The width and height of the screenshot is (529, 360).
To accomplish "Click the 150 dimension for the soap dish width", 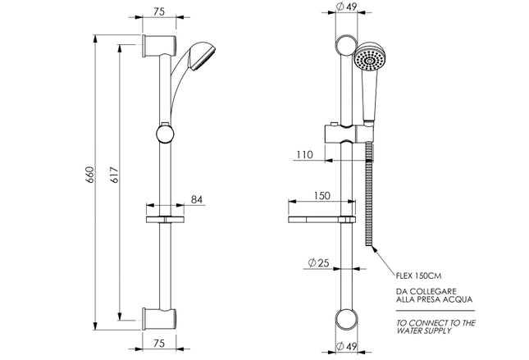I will [322, 197].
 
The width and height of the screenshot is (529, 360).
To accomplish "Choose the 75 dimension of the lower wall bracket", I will [161, 344].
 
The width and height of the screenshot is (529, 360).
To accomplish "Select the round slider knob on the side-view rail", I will [165, 133].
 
